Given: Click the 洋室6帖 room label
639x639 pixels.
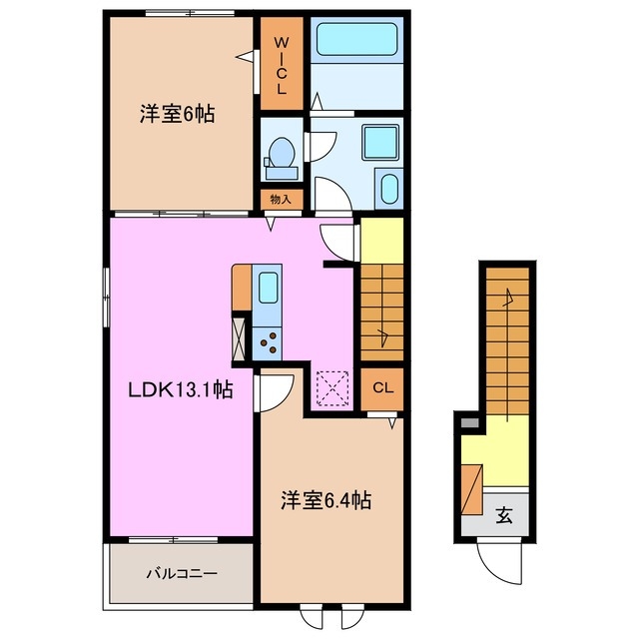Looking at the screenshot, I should pyautogui.click(x=176, y=115).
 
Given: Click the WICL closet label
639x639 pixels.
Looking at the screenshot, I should pyautogui.click(x=282, y=65).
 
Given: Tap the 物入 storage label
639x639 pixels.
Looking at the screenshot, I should pyautogui.click(x=282, y=199).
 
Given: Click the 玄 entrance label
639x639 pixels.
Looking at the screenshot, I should pyautogui.click(x=504, y=516).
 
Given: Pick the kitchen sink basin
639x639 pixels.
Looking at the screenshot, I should pyautogui.click(x=268, y=289).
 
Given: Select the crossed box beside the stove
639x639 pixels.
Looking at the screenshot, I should pyautogui.click(x=241, y=336).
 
